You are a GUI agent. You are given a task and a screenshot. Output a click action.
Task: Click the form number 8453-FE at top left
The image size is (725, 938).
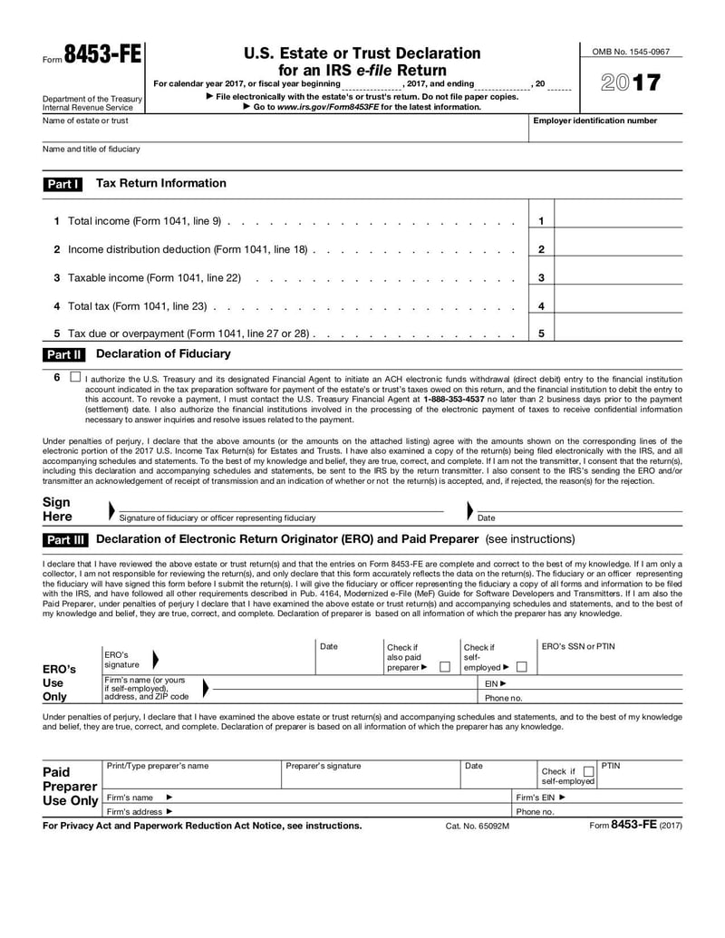(x=101, y=55)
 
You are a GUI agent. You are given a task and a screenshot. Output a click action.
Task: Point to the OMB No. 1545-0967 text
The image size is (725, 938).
(x=631, y=52)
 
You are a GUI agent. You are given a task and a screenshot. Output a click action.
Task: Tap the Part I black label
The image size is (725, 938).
(x=63, y=184)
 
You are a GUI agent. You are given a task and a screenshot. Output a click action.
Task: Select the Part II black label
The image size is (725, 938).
(x=63, y=354)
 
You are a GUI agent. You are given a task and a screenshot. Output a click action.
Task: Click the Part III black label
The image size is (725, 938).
(x=65, y=540)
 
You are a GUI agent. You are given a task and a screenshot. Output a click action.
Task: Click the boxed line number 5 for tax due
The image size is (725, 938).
(x=541, y=334)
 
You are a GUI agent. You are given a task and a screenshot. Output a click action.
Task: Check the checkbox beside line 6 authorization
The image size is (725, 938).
(x=74, y=376)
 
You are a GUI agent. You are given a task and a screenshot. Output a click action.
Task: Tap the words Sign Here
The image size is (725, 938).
(x=58, y=509)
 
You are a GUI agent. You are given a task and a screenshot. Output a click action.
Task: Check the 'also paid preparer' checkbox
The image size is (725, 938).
(x=444, y=667)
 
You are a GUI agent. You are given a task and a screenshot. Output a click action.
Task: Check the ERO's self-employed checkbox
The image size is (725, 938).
(x=521, y=667)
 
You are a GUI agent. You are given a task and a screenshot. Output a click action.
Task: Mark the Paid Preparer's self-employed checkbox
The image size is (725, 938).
(x=589, y=772)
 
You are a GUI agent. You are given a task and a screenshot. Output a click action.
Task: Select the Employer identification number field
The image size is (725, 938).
(x=605, y=132)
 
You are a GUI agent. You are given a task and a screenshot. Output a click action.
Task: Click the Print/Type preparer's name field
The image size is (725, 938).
(x=190, y=778)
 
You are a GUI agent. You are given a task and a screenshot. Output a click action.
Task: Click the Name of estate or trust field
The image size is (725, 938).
(x=281, y=132)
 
